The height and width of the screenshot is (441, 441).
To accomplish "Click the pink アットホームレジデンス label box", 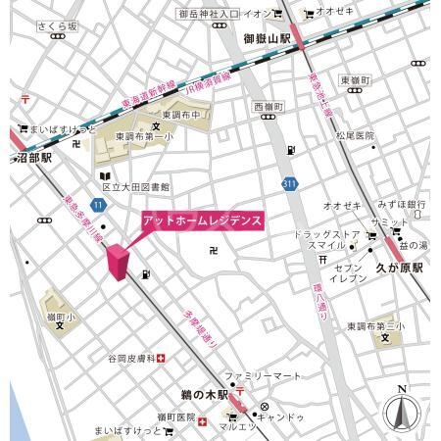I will click(x=202, y=220).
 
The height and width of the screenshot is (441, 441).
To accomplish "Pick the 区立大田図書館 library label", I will click(x=136, y=185).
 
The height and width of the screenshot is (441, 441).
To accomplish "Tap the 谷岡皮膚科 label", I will click(x=132, y=358).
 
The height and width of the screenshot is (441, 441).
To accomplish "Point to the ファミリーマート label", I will click(x=259, y=375).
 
